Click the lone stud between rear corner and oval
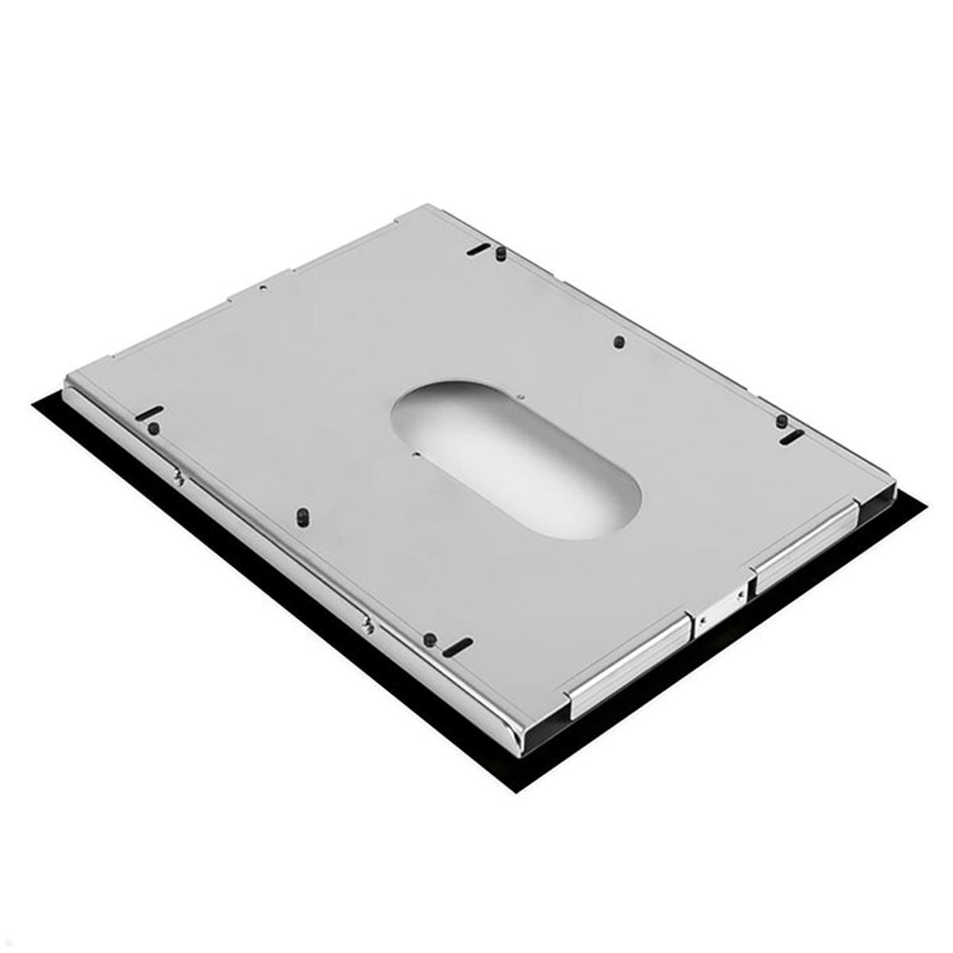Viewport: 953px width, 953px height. click(619, 343)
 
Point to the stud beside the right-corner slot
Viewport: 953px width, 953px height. click(781, 419)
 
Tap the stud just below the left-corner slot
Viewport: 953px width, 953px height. click(153, 428)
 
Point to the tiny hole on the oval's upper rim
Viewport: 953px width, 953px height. click(518, 395)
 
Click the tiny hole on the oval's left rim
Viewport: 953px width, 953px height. click(416, 455)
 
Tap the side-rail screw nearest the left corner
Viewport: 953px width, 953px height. click(180, 476)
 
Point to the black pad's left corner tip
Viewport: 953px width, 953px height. click(33, 406)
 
